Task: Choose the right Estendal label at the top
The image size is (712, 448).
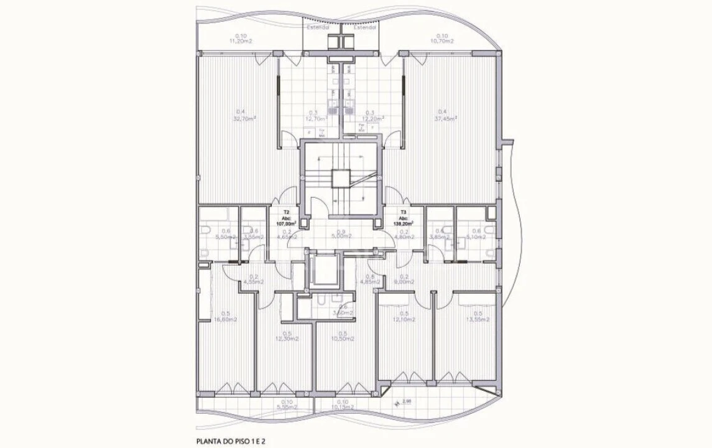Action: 365,27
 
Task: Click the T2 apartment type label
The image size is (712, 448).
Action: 286,212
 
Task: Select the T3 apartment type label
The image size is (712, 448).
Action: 404,212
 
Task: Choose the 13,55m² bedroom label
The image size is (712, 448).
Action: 478,319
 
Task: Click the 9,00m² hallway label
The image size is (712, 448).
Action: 404,281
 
